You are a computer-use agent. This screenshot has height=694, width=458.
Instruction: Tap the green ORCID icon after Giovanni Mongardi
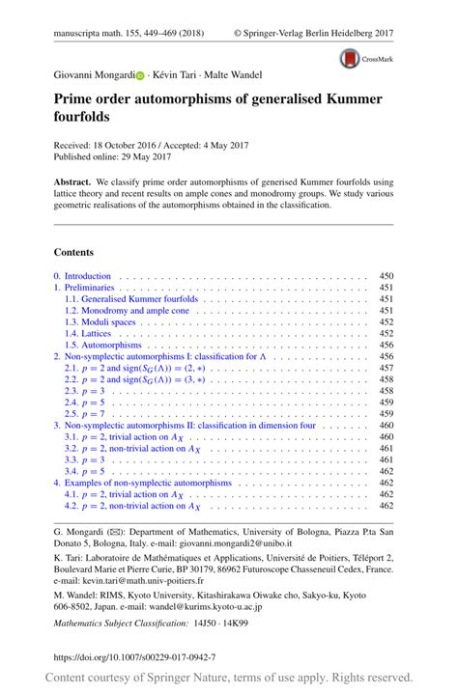pos(137,74)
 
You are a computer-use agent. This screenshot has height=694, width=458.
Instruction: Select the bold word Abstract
pos(72,180)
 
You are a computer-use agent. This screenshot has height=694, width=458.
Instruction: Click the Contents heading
pos(73,252)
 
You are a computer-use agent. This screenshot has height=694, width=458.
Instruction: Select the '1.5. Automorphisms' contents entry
pos(102,345)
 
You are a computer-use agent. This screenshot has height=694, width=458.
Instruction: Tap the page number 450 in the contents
pos(386,275)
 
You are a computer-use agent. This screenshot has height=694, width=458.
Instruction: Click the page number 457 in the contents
pos(386,368)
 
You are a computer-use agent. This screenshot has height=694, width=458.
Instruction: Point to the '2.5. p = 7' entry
pos(88,413)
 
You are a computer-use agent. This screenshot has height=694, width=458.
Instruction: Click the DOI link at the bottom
pos(134,656)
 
